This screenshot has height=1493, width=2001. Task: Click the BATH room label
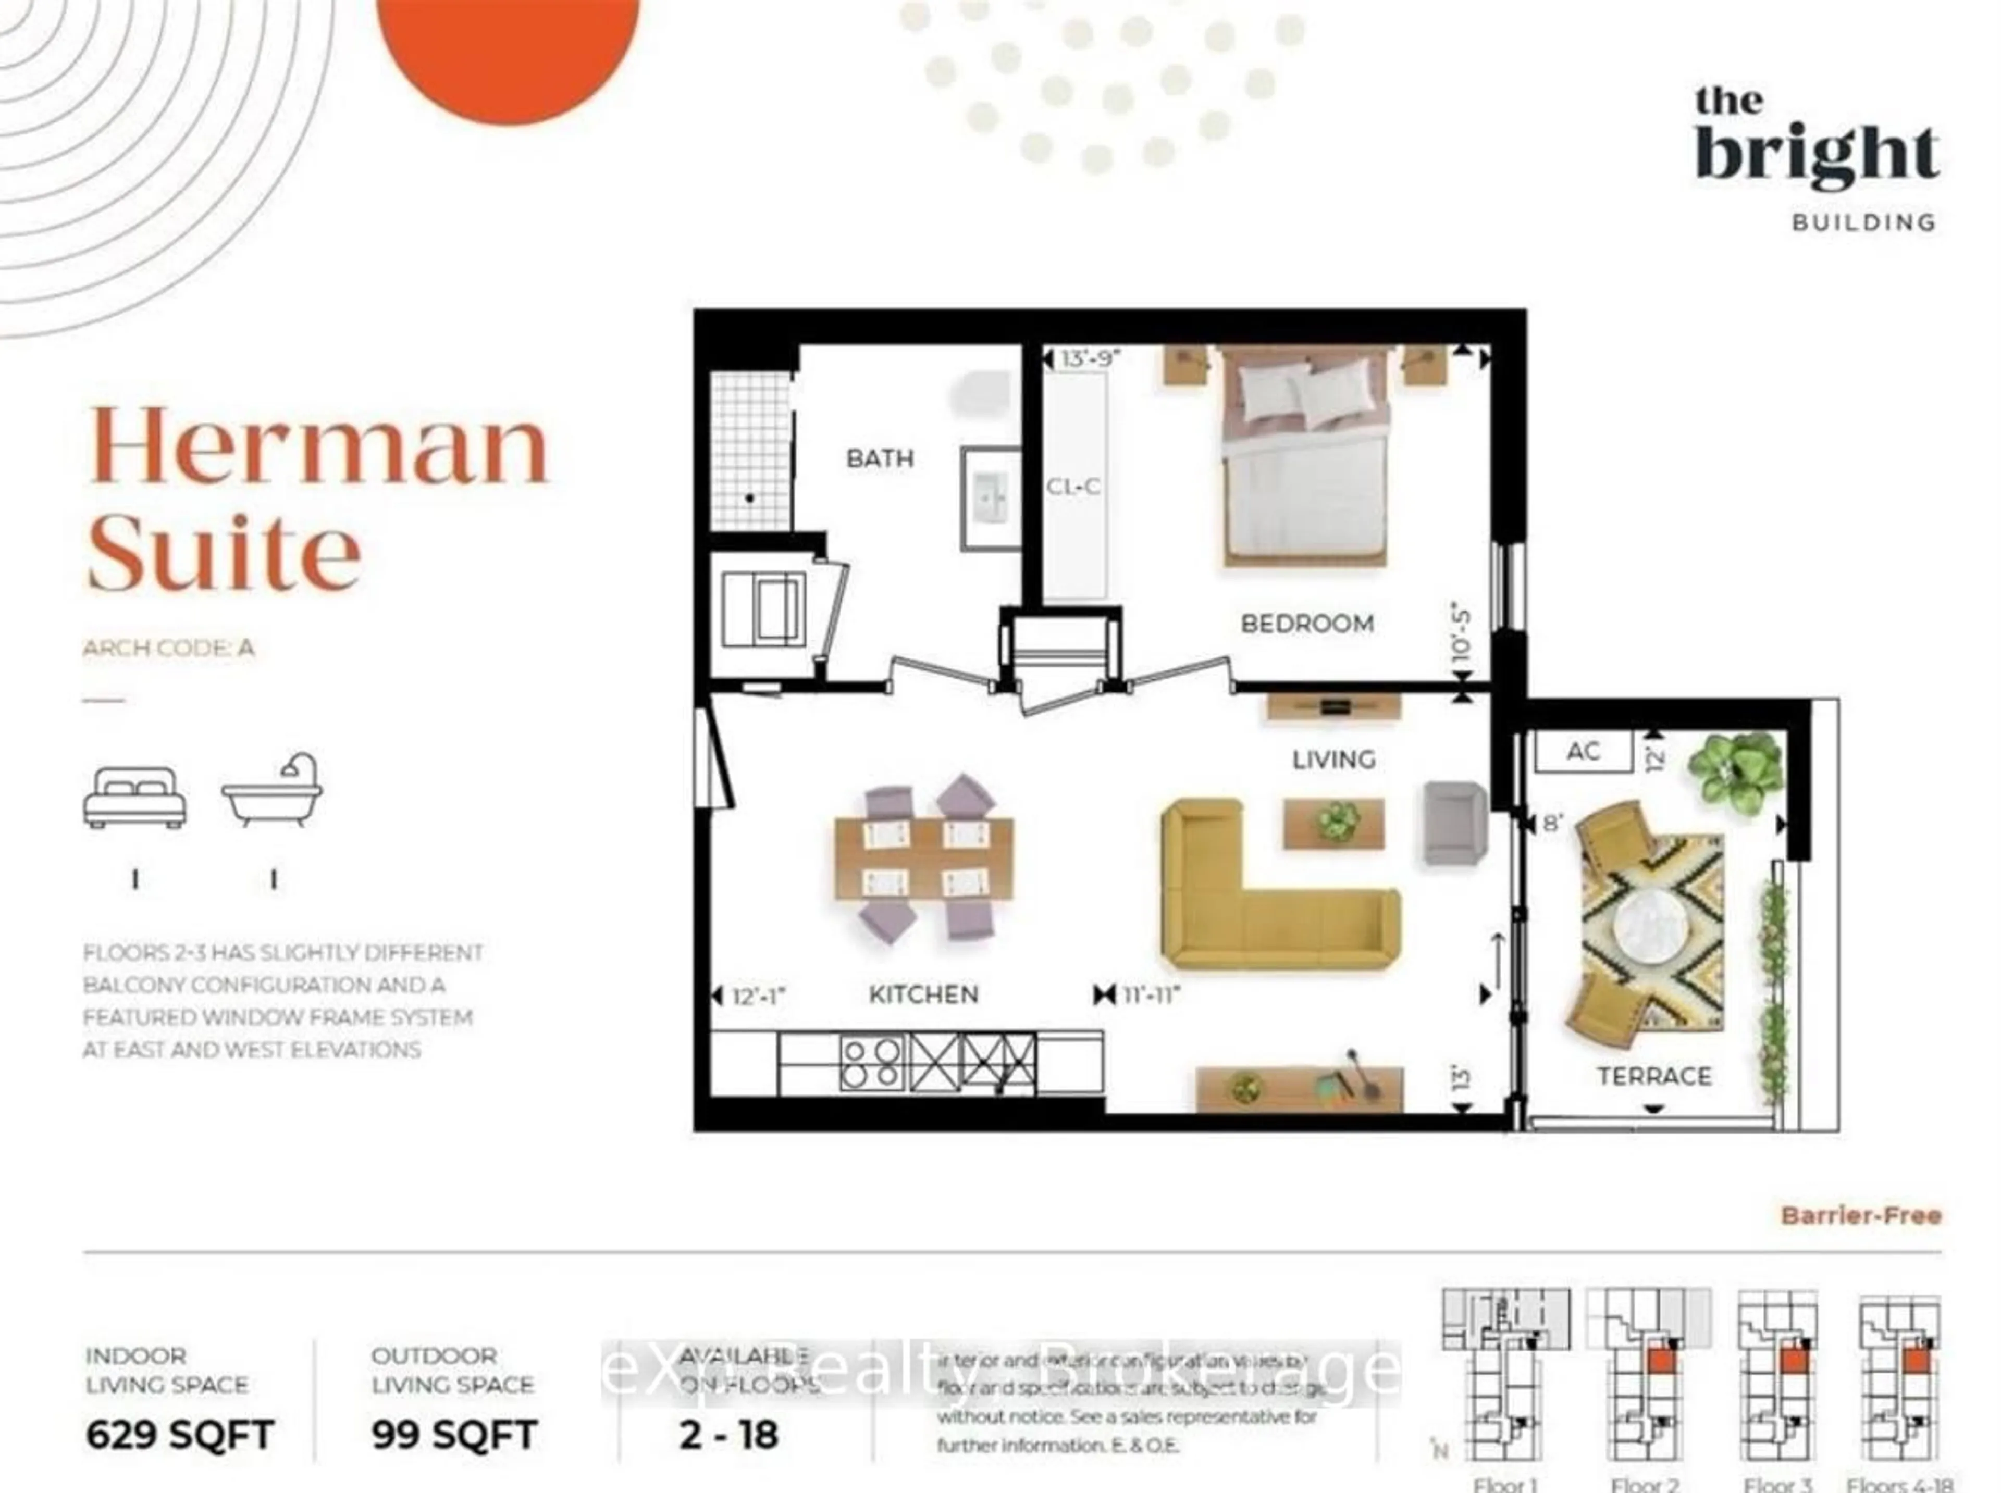(x=880, y=458)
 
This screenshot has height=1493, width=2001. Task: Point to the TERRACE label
(x=1653, y=1076)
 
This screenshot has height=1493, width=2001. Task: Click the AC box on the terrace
(x=1583, y=751)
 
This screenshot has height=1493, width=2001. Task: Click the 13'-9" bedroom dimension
(x=1091, y=359)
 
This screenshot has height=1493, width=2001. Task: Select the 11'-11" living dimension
(x=1152, y=995)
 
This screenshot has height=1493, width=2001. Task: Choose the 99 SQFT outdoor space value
(x=454, y=1434)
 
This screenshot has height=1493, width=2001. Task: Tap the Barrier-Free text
(x=1860, y=1215)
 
